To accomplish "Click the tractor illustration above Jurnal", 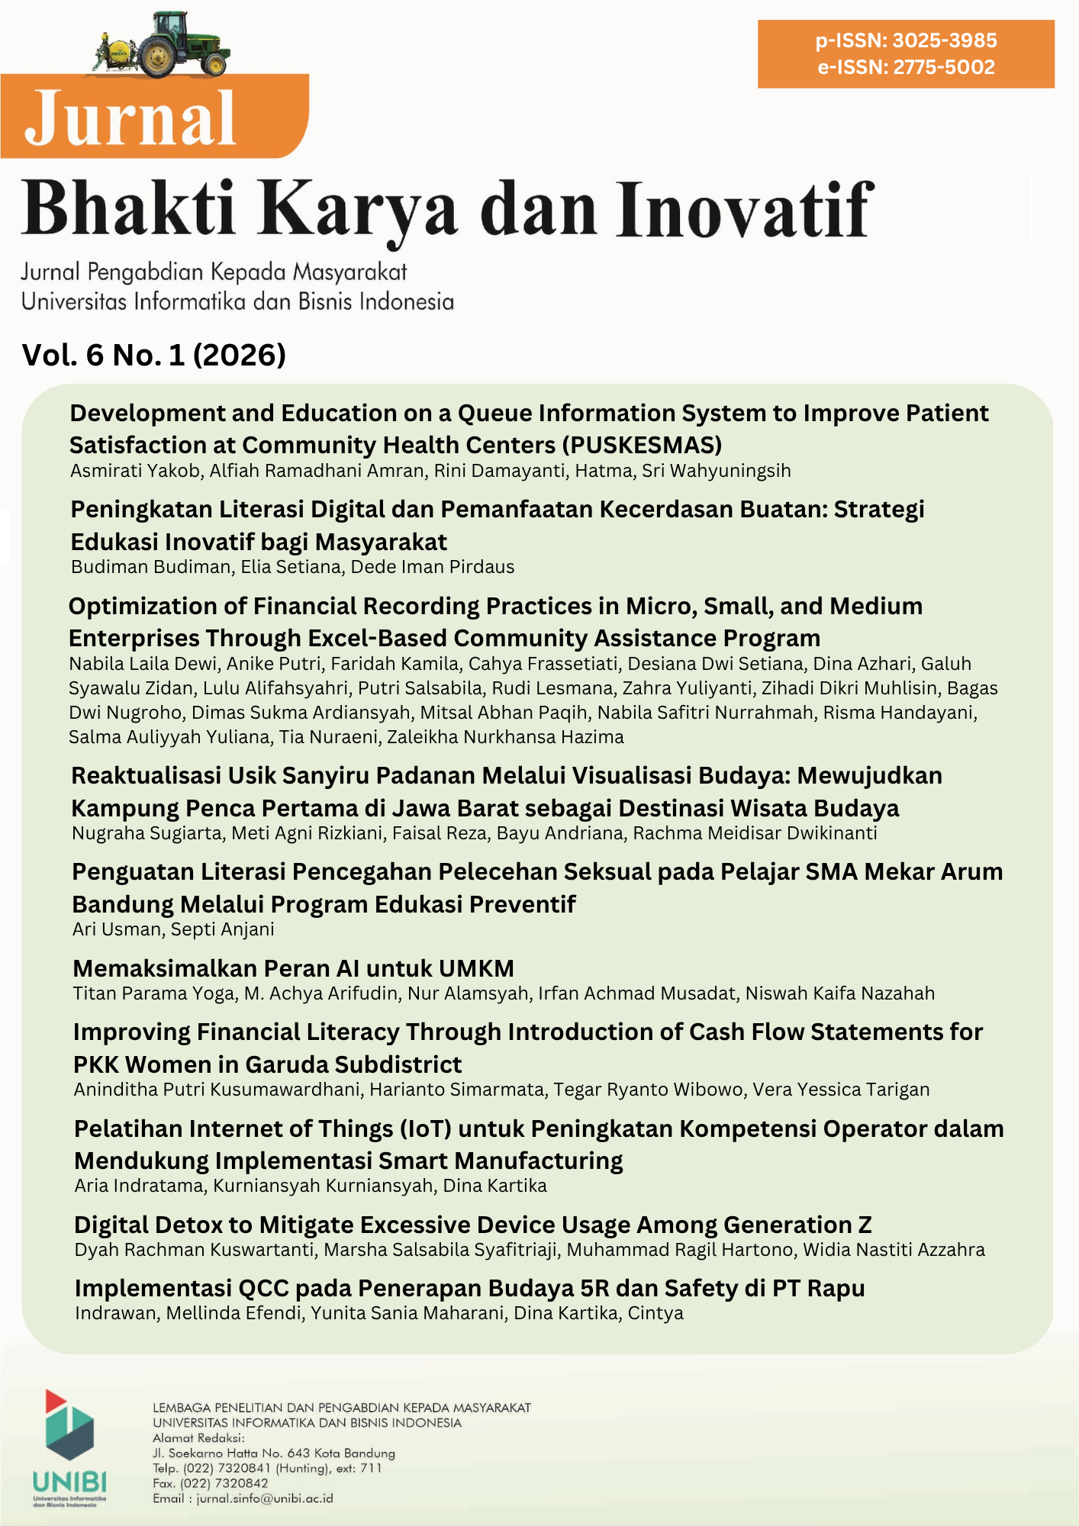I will tap(162, 46).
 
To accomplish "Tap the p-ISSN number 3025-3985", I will tap(945, 40).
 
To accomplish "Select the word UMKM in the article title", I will tap(475, 968).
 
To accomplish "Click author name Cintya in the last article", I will tap(655, 1313).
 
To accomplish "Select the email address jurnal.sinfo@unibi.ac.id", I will tap(264, 1499).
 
